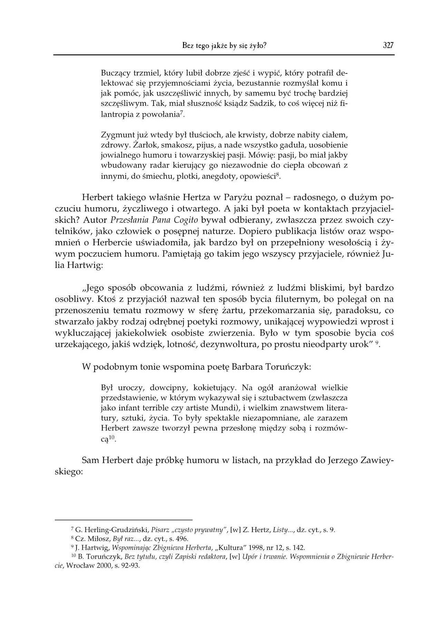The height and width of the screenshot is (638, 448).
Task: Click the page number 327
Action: [x=388, y=45]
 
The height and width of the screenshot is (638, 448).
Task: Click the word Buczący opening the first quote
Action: [x=115, y=73]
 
